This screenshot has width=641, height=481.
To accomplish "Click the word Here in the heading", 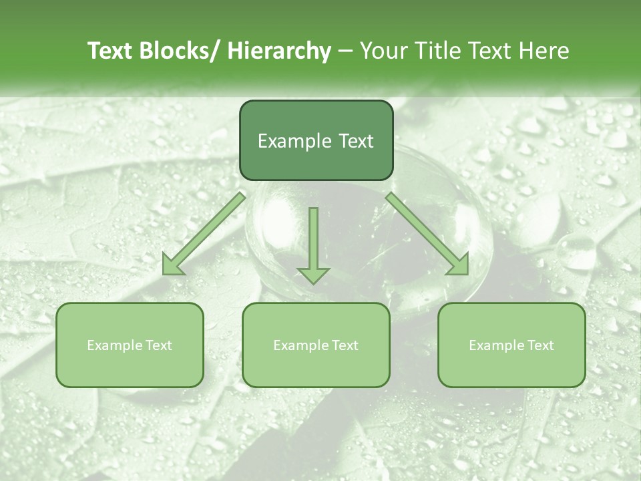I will (x=545, y=51).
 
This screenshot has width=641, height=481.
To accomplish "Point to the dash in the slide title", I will (x=345, y=52).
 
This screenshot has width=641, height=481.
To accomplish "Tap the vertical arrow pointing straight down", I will (x=313, y=240).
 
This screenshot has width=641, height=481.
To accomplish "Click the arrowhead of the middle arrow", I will (x=313, y=274).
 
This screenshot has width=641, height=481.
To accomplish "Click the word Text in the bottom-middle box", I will (x=345, y=345).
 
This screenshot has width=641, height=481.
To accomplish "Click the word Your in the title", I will (x=384, y=51).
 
